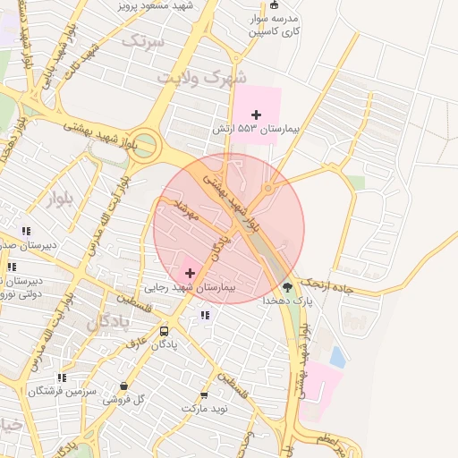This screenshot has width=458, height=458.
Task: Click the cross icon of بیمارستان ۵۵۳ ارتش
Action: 257,114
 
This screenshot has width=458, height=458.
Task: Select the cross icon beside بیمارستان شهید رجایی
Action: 190,272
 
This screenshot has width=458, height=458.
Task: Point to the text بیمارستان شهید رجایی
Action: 189,287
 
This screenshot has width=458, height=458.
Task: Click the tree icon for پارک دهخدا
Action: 287,287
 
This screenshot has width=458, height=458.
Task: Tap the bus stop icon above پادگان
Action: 163,330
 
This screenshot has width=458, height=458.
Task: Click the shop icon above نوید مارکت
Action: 205,394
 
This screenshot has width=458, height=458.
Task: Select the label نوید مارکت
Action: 206,408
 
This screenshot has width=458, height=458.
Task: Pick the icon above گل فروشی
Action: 123,386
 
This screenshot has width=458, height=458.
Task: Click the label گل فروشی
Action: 123,400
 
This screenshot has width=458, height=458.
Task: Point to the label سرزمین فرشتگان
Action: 60,391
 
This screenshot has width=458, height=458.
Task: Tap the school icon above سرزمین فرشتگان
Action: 61,377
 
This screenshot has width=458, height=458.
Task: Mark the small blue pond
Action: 337,357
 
